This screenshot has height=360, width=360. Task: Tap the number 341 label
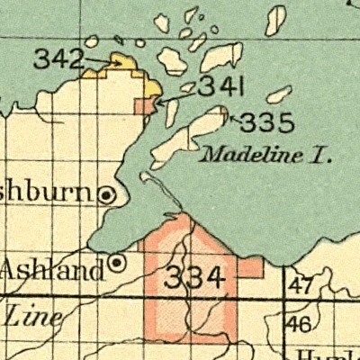(220, 88)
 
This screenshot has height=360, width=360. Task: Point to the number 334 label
(193, 278)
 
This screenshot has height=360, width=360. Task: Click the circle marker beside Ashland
(117, 263)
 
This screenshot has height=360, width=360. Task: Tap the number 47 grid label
(302, 287)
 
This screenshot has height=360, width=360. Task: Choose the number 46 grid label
(302, 324)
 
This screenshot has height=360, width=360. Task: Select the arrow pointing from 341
(175, 98)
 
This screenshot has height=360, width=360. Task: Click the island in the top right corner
(275, 20)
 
